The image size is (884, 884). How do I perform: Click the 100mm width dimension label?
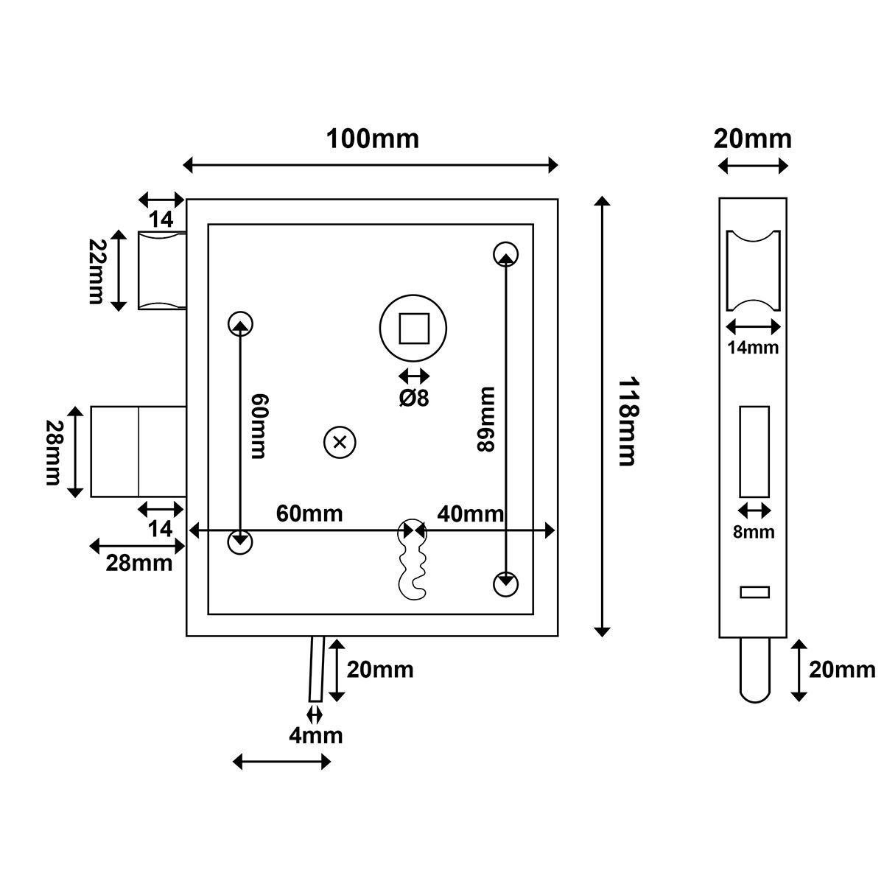point(372,138)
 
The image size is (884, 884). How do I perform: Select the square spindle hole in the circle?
point(414,328)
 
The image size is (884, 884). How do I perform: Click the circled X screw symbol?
point(340,442)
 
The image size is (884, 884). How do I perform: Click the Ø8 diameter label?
point(414,398)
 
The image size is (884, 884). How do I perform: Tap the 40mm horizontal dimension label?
point(470,513)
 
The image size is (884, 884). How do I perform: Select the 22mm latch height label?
point(97,271)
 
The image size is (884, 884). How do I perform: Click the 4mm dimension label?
point(316,735)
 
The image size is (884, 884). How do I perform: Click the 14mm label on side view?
point(753,347)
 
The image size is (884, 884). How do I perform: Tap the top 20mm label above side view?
point(753,138)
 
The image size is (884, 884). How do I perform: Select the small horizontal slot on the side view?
point(754,592)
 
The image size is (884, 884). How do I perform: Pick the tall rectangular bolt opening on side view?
point(754,452)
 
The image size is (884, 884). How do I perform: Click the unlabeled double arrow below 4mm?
point(281,762)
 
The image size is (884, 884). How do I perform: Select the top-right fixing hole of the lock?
point(505,253)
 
